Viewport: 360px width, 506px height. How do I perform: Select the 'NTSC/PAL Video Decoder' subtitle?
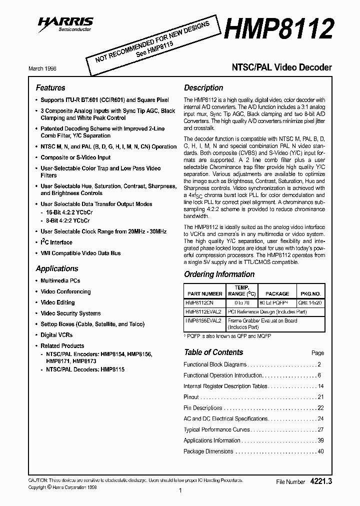(281, 67)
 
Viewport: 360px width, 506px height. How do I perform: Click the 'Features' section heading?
(50, 87)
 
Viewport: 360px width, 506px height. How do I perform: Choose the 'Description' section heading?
(203, 87)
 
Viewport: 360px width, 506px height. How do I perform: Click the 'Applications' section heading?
(57, 268)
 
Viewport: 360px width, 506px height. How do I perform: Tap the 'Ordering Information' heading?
(219, 274)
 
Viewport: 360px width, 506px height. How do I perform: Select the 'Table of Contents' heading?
(213, 352)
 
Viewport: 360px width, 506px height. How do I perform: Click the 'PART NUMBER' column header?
(204, 294)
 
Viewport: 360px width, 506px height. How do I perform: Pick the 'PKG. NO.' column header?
(310, 294)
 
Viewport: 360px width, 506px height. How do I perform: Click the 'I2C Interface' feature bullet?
(56, 242)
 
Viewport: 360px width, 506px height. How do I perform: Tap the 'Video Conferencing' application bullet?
(65, 291)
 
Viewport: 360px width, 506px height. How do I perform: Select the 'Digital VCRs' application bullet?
(56, 335)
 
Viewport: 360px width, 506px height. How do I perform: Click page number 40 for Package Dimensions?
(320, 451)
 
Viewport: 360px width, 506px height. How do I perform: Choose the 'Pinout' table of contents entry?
(191, 397)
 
